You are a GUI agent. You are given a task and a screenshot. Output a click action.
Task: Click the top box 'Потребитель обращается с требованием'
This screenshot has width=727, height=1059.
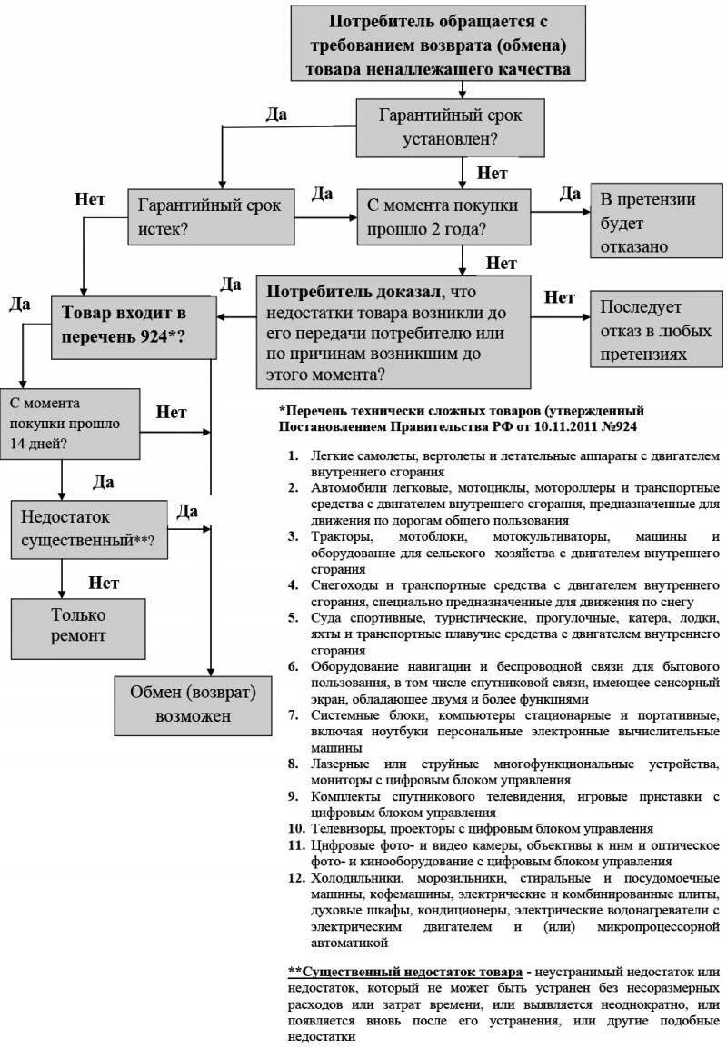[x=443, y=44]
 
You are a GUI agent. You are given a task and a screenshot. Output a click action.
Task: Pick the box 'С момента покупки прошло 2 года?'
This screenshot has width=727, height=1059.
[x=443, y=216]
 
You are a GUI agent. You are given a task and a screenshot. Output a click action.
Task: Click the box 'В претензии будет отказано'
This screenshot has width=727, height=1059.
[x=647, y=223]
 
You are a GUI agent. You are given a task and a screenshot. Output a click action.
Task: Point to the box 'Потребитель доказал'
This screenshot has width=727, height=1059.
[x=393, y=332]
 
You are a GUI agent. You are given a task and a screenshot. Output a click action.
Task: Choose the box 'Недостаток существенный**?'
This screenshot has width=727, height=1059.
[x=89, y=528]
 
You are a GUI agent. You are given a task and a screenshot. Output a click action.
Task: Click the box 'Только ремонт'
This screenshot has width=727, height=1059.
[x=77, y=626]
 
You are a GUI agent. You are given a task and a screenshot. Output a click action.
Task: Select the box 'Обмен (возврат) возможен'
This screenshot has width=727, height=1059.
[x=193, y=704]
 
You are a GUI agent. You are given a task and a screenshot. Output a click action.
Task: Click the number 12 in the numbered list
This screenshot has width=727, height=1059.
[x=295, y=878]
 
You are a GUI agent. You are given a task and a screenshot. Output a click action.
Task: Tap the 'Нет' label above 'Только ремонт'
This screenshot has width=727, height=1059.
[x=104, y=582]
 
